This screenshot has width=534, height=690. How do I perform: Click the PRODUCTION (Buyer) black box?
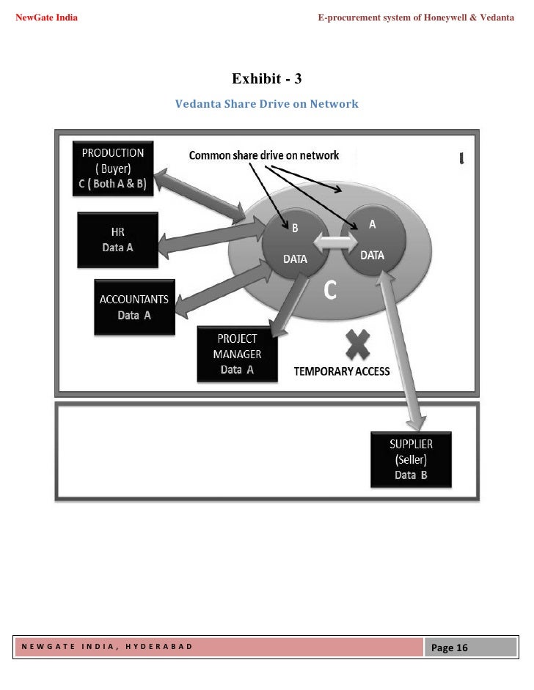pyautogui.click(x=113, y=168)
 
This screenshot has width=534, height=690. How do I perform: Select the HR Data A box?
pyautogui.click(x=117, y=240)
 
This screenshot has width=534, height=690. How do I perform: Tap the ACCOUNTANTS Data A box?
pyautogui.click(x=134, y=307)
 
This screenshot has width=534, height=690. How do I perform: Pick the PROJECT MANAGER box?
pyautogui.click(x=237, y=355)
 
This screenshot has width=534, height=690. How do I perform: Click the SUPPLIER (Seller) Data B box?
pyautogui.click(x=411, y=459)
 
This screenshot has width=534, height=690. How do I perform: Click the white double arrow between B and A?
pyautogui.click(x=334, y=241)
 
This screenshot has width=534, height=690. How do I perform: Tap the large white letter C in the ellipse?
pyautogui.click(x=331, y=291)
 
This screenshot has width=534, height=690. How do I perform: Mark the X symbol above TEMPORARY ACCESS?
pyautogui.click(x=358, y=344)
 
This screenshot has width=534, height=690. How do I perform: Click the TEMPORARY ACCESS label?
pyautogui.click(x=342, y=371)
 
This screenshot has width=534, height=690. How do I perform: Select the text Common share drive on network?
pyautogui.click(x=264, y=155)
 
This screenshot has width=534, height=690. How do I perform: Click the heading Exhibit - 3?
pyautogui.click(x=267, y=78)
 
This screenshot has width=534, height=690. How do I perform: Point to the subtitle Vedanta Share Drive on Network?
pyautogui.click(x=267, y=104)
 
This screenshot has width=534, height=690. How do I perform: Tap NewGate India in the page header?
pyautogui.click(x=47, y=16)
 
